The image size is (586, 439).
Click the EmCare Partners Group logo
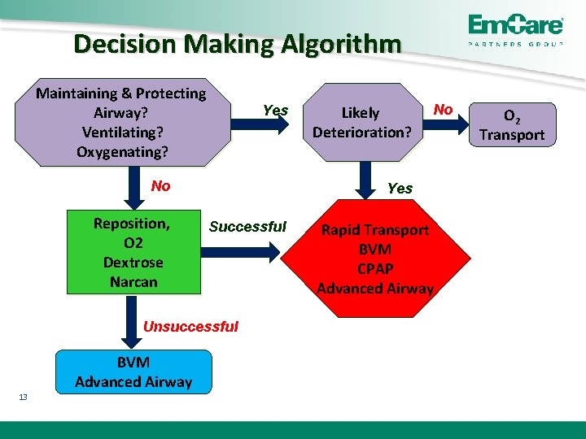[x=514, y=31]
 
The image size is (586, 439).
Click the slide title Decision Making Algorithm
[x=237, y=43]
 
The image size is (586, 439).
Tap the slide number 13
[x=23, y=397]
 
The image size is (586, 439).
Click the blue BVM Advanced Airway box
[x=133, y=372]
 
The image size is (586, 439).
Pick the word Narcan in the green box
[x=133, y=282]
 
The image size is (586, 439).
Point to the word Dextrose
[x=133, y=263]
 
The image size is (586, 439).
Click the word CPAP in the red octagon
[x=374, y=268]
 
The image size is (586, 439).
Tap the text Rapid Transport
[x=374, y=230]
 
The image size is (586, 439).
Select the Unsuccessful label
[x=190, y=327]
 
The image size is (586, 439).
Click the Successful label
[x=247, y=227]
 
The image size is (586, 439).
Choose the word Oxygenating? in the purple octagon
[x=122, y=151]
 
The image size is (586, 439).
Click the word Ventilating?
[x=122, y=132]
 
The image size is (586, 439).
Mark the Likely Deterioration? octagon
[x=361, y=122]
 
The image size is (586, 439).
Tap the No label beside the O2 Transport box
[x=444, y=109]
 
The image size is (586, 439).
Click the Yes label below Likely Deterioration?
[x=400, y=188]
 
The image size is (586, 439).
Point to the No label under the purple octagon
[x=160, y=186]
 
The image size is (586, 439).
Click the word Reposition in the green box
[x=131, y=224]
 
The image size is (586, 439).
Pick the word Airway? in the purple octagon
[x=120, y=112]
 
